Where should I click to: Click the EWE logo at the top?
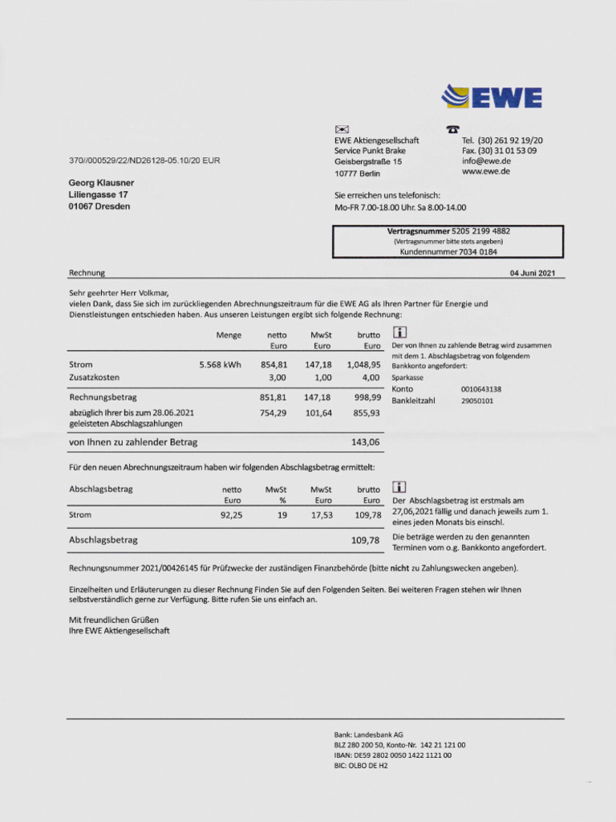(x=492, y=97)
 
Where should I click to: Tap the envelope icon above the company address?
(x=341, y=129)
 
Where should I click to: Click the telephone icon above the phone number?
(x=453, y=129)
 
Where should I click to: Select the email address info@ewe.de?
(x=485, y=161)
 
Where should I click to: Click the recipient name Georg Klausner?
(x=101, y=183)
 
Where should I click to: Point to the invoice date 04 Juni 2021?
(x=533, y=273)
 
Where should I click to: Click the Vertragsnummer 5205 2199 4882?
(x=481, y=231)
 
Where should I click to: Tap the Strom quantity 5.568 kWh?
(x=220, y=364)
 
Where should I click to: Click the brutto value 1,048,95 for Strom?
(x=363, y=364)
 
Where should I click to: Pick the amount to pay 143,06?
(x=366, y=442)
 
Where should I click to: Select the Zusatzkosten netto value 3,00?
(x=278, y=376)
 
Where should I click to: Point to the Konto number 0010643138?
(x=481, y=389)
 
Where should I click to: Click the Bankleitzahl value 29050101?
(x=477, y=401)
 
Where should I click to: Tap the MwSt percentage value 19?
(x=282, y=515)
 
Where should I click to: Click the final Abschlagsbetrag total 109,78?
(x=365, y=540)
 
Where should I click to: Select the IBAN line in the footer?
(x=392, y=755)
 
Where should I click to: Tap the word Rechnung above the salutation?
(x=87, y=273)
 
